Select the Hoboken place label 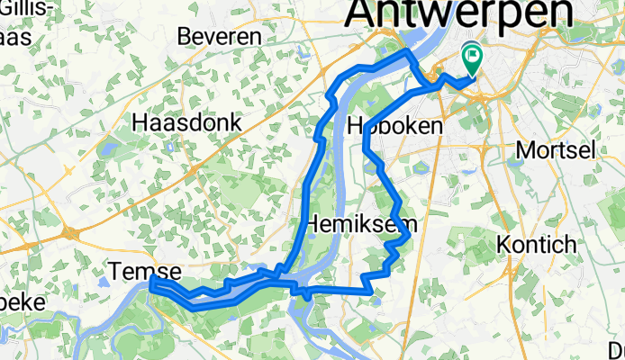point(395,126)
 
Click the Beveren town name point(219,36)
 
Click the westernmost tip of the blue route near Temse point(151,283)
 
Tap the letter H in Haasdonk point(140,121)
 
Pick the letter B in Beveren point(186,36)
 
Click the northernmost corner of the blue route point(407,53)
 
